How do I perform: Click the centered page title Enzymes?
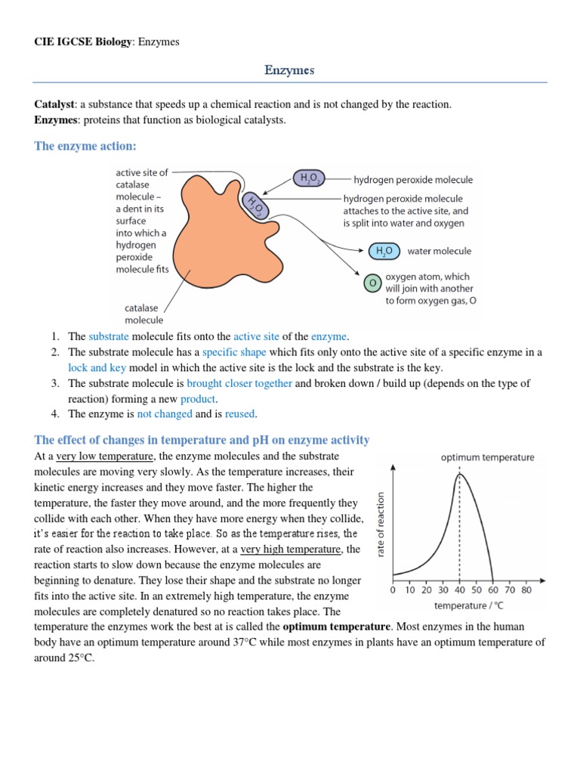coord(289,70)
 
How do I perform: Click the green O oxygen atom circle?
coord(372,283)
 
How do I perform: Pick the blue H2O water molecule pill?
coord(384,251)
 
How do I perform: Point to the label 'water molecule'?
coord(439,251)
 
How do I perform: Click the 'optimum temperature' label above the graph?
coord(487,457)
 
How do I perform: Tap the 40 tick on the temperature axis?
coord(460,590)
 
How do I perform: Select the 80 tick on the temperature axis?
coord(526,590)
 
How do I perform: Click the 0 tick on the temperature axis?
coord(393,590)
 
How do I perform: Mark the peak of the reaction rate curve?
coord(458,474)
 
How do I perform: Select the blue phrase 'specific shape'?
coord(234,352)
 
